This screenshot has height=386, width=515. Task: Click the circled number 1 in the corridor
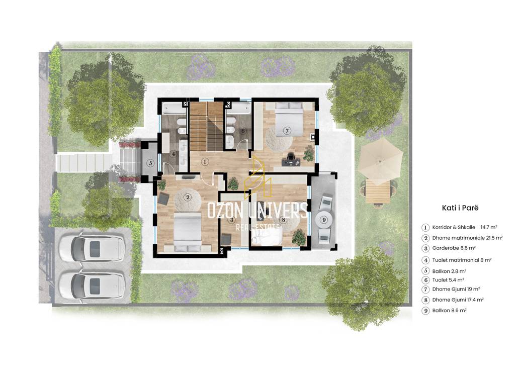(205, 161)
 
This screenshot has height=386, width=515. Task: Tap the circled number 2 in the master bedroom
(188, 197)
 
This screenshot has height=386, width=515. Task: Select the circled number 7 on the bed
(287, 131)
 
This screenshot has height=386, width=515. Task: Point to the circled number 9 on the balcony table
(324, 220)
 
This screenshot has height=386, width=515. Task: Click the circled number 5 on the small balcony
(150, 163)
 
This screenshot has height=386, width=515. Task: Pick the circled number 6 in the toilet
(243, 131)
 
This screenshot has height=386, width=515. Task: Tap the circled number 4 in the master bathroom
(174, 154)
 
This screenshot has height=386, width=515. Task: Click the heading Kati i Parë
(460, 208)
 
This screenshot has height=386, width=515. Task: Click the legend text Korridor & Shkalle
(454, 227)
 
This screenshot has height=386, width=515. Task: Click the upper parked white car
(92, 247)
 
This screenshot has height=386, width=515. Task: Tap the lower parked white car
(92, 284)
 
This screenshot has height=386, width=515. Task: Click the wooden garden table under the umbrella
(378, 191)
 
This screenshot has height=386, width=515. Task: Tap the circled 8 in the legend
(425, 300)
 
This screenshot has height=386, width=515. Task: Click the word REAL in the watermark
(244, 228)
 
